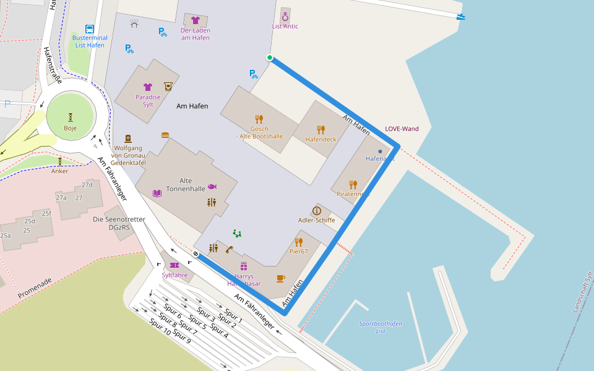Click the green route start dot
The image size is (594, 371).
270,58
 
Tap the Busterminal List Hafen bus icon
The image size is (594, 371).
90,28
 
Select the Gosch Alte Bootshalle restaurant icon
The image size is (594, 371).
259,119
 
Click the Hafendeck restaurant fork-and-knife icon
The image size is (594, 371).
321,130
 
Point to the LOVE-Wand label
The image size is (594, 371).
402,129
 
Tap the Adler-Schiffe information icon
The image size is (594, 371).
317,211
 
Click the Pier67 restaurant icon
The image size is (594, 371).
298,242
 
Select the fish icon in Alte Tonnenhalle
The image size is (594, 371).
212,186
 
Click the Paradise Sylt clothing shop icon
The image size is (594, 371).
148,87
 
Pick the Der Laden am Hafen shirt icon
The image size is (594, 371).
196,20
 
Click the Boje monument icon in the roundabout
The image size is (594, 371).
71,116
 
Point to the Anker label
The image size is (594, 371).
60,171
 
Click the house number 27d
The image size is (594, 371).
87,185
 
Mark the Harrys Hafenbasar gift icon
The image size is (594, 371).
244,266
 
